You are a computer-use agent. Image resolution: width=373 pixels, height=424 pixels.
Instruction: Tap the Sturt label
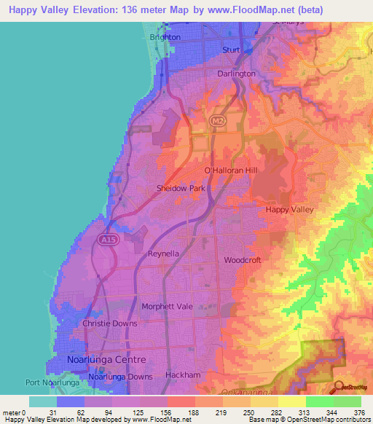click(231, 50)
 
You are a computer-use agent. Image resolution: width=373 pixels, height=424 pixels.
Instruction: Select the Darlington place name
click(237, 74)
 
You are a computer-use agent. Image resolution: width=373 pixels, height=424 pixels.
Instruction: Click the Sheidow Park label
click(180, 188)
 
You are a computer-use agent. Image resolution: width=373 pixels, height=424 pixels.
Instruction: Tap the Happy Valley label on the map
click(288, 209)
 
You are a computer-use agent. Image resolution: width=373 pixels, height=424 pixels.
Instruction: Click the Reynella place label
click(163, 254)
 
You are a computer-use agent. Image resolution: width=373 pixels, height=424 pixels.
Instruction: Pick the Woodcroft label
click(242, 260)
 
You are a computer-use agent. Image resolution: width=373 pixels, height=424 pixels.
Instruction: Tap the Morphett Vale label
click(167, 307)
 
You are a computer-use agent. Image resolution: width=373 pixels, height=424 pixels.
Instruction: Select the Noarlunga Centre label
click(106, 360)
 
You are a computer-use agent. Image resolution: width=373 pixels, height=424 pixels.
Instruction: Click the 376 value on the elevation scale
click(359, 412)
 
